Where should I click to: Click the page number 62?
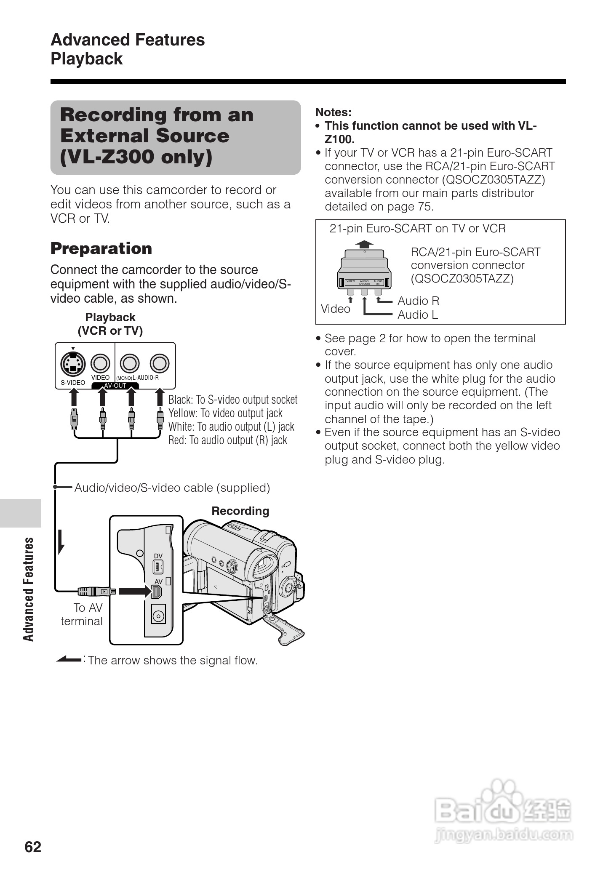point(33,847)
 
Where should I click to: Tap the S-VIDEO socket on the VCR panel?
point(73,363)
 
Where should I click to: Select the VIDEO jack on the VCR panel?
point(101,363)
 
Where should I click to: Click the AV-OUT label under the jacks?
point(115,386)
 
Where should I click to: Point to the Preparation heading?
point(101,248)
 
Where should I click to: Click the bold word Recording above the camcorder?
point(240,511)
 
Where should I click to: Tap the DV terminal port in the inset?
point(158,568)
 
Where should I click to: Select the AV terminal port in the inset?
point(157,592)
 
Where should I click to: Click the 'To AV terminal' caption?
point(82,614)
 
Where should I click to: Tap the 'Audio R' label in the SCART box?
point(418,301)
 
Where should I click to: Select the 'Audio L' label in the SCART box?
point(418,315)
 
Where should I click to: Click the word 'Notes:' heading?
point(333,112)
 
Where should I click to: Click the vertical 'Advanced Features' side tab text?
point(28,589)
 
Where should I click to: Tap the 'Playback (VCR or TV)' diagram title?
point(110,324)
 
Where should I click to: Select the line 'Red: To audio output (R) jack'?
point(227,440)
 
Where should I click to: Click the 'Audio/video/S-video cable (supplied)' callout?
point(172,488)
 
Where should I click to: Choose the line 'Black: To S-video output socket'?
point(233,400)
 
